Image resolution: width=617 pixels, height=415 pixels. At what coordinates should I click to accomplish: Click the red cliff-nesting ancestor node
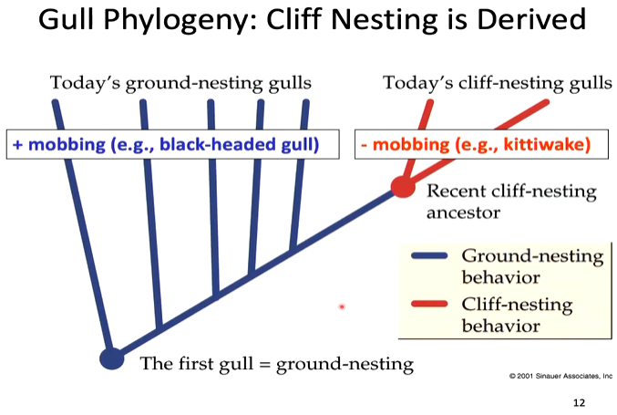[x=402, y=187]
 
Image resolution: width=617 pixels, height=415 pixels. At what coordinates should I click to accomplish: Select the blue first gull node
[x=111, y=358]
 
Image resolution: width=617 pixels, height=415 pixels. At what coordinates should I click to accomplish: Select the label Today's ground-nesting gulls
[x=180, y=84]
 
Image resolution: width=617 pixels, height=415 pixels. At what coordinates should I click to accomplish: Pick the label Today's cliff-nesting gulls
[x=497, y=84]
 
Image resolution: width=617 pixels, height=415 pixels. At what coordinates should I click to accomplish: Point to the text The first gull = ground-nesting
[x=276, y=364]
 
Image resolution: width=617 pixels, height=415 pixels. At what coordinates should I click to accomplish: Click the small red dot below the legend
[x=342, y=306]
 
